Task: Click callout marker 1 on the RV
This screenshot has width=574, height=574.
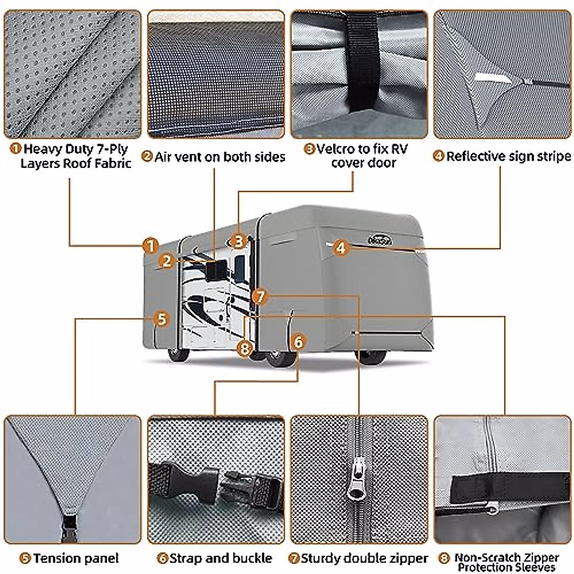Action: [x=151, y=246]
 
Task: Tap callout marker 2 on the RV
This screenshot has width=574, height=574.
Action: [x=166, y=261]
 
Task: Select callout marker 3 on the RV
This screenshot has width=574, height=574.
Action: [x=239, y=241]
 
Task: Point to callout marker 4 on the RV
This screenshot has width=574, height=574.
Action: [x=340, y=248]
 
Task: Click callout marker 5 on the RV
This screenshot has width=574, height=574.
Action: [x=162, y=319]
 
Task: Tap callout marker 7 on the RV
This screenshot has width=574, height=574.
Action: [x=259, y=297]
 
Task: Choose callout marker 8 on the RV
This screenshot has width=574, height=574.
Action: [x=245, y=348]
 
